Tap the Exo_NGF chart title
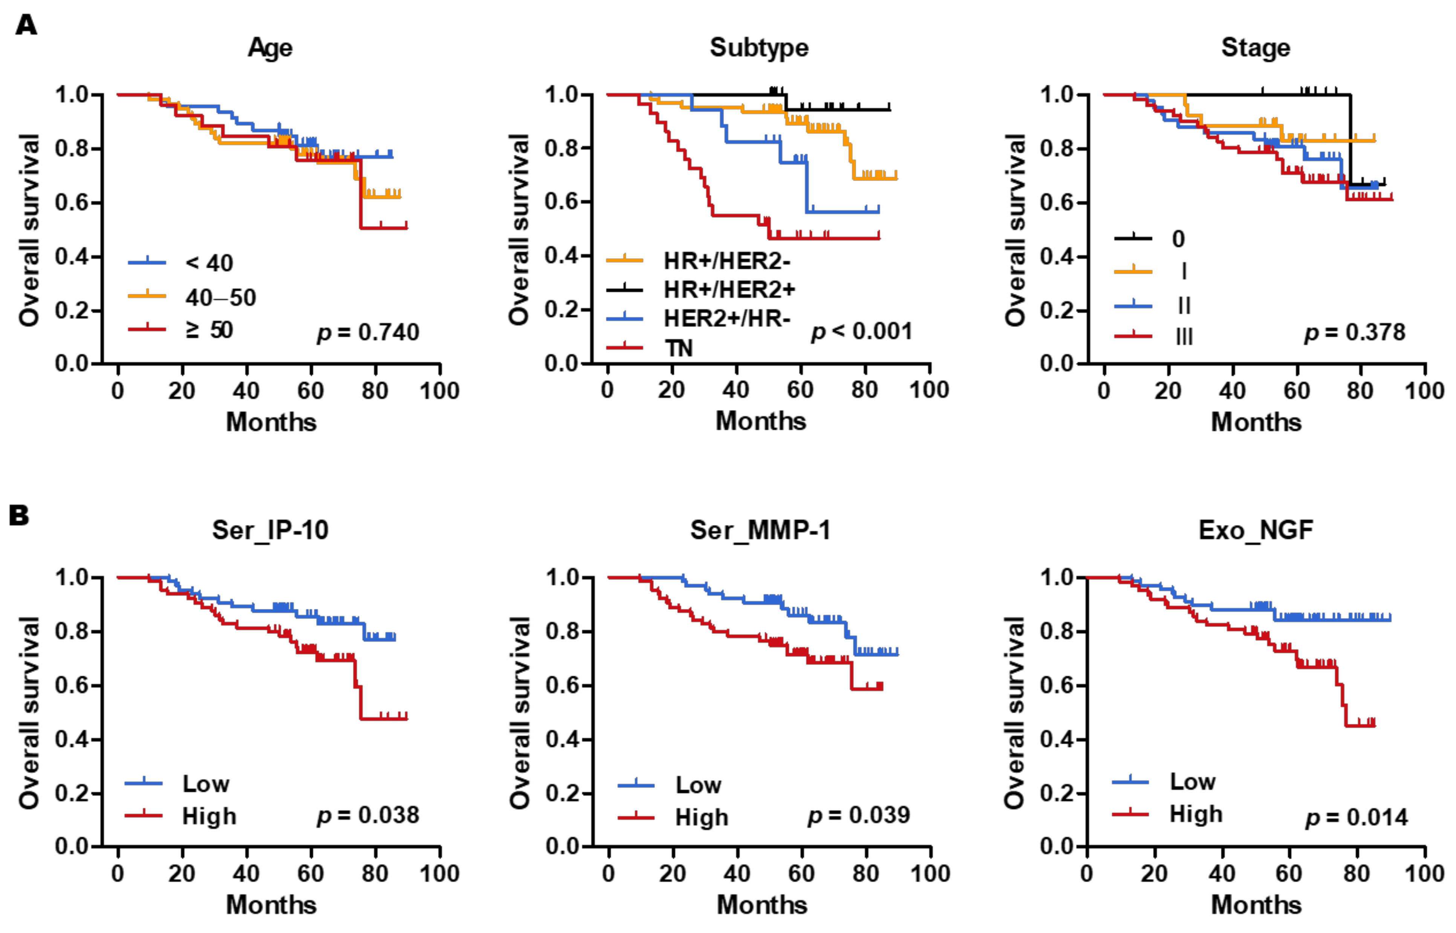[x=1256, y=530]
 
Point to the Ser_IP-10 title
[x=270, y=530]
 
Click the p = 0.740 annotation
[x=368, y=332]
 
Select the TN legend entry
[x=678, y=348]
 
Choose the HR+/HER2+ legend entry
[x=729, y=290]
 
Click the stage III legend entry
[x=1184, y=336]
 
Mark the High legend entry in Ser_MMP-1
[x=701, y=817]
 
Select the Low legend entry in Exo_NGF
[x=1192, y=782]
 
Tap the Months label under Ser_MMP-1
[x=762, y=904]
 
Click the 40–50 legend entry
[x=220, y=297]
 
